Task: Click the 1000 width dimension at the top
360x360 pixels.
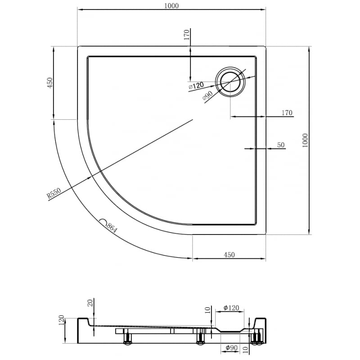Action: pos(171,5)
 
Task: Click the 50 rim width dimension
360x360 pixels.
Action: pos(281,145)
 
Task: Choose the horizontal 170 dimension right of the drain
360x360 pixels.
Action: pos(287,113)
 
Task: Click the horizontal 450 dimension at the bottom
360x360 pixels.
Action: pos(229,255)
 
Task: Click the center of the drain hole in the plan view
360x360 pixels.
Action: pos(231,81)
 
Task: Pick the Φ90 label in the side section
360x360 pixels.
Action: pos(231,348)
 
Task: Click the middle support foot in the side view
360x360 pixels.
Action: pos(201,338)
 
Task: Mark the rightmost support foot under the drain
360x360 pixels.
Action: pos(257,338)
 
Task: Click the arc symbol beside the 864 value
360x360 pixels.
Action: pos(103,222)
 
